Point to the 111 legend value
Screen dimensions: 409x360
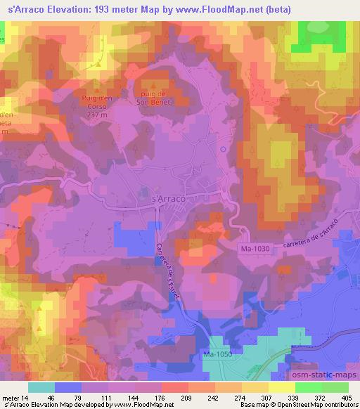pyautogui.click(x=105, y=398)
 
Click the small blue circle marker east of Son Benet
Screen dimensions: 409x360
pyautogui.click(x=223, y=149)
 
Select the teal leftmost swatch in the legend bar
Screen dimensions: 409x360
pyautogui.click(x=41, y=387)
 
